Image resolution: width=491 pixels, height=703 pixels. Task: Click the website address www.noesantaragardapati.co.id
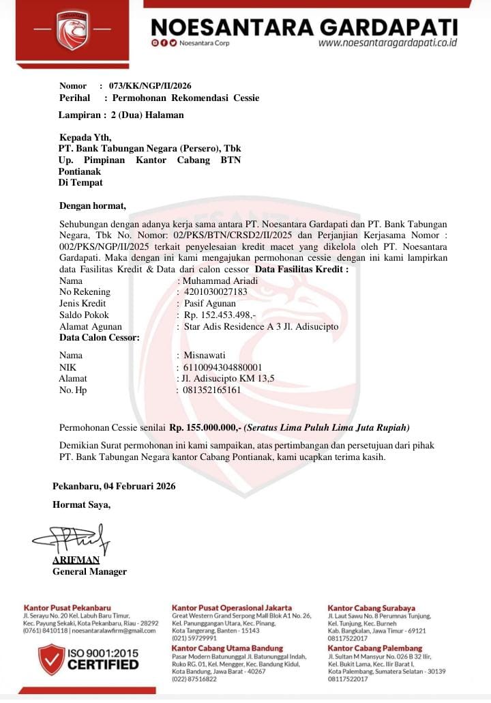pyautogui.click(x=387, y=42)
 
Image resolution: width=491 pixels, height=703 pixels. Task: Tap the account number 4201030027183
pyautogui.click(x=216, y=292)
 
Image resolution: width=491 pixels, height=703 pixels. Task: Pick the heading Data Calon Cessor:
pyautogui.click(x=100, y=338)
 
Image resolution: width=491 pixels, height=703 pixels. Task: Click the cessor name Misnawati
pyautogui.click(x=205, y=355)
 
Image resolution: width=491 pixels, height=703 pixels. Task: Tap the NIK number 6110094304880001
pyautogui.click(x=223, y=367)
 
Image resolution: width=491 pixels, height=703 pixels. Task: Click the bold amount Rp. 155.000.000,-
pyautogui.click(x=205, y=427)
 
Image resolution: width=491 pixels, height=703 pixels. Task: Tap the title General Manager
pyautogui.click(x=89, y=571)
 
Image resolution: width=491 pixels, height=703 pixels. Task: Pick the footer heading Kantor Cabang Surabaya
pyautogui.click(x=371, y=607)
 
